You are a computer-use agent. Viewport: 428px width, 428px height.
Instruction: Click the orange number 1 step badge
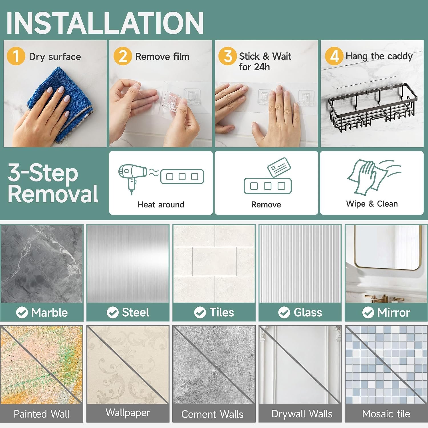16,56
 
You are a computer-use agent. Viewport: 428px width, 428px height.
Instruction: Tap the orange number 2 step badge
123,56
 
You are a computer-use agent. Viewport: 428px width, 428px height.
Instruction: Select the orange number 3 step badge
227,56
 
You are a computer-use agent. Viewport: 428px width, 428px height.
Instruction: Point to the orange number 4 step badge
334,56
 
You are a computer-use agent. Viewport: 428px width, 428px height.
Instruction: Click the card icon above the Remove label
279,167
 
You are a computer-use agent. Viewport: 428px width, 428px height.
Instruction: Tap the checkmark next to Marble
22,312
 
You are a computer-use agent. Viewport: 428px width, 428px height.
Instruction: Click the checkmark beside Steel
113,312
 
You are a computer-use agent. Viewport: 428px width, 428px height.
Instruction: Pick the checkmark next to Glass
284,312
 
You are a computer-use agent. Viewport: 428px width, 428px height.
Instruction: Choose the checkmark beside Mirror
368,312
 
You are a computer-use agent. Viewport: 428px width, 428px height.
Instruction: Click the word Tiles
222,312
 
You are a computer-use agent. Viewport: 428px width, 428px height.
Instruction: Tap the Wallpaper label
128,413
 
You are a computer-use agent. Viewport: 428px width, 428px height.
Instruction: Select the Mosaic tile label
386,414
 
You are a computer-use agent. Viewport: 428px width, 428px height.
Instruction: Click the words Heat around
161,205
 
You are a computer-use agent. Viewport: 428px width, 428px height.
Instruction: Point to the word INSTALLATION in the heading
105,23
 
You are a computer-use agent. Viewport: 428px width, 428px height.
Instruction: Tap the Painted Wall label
42,414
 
